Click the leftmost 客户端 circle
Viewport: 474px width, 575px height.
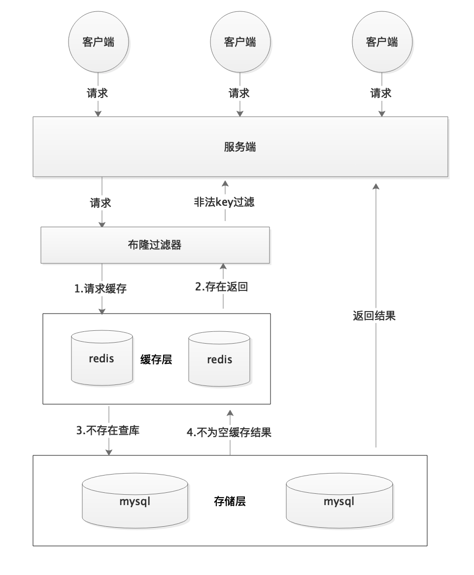click(98, 42)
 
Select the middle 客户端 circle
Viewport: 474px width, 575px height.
click(240, 42)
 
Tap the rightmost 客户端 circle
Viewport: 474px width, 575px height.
click(382, 42)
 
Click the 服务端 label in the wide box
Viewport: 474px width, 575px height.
click(240, 147)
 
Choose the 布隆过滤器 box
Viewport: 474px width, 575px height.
click(155, 245)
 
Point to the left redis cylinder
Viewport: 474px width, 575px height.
click(102, 358)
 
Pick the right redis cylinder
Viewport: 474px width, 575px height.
click(219, 359)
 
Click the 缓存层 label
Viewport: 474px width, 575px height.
click(156, 359)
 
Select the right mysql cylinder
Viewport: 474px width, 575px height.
click(339, 502)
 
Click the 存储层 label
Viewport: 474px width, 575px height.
click(230, 502)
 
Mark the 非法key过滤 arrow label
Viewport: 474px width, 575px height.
click(224, 202)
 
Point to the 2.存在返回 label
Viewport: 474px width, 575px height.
click(222, 287)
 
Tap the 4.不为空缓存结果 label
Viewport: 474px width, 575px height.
click(230, 433)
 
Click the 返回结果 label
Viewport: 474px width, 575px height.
click(374, 316)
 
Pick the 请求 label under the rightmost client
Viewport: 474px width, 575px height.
click(381, 93)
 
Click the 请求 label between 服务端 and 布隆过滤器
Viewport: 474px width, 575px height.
click(101, 202)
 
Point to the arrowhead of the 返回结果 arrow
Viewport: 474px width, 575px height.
click(376, 186)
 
